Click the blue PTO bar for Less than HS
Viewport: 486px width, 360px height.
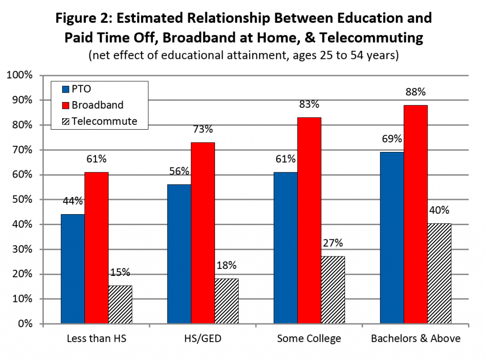(73, 269)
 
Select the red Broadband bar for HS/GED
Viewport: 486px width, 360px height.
(203, 233)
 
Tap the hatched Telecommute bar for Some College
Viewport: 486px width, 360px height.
(333, 290)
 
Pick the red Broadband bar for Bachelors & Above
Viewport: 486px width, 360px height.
(416, 214)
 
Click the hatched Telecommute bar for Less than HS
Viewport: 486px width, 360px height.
(120, 304)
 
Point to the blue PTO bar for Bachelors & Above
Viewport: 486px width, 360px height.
(392, 238)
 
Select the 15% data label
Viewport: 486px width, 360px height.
(120, 273)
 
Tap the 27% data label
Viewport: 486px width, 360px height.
(333, 243)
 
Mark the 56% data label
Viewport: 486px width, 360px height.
(179, 171)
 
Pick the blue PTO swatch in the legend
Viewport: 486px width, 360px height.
(66, 89)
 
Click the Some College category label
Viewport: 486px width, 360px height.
(309, 339)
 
